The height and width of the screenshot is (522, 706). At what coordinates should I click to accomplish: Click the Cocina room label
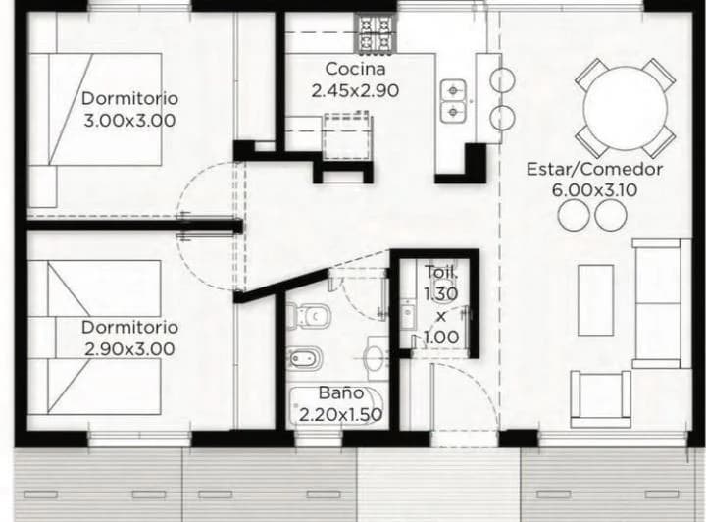point(355,69)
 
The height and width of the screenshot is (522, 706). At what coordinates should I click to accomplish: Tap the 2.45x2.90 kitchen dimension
point(355,91)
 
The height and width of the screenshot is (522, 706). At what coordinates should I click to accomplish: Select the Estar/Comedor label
point(594,170)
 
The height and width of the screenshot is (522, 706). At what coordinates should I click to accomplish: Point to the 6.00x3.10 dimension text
point(594,190)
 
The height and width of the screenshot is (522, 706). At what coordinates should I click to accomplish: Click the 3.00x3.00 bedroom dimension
point(129,121)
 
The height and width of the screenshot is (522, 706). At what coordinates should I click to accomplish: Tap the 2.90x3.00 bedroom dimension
point(129,349)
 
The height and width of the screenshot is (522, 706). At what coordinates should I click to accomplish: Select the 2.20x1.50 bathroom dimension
point(341,414)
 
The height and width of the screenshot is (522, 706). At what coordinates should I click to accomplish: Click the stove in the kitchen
point(377,32)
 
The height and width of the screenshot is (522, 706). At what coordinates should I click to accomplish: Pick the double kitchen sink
point(453,101)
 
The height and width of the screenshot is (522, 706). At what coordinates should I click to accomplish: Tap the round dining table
point(625,108)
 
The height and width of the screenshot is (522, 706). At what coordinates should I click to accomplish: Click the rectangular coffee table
point(596,300)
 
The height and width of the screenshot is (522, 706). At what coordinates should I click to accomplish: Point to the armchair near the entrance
point(600,399)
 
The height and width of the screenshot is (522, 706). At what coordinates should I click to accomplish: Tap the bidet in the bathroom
point(305,359)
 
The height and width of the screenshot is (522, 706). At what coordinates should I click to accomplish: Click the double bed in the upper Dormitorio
point(95,110)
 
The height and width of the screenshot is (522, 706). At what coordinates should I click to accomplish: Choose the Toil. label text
point(441,273)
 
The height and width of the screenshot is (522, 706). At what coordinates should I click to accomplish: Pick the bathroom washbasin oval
point(375,359)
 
